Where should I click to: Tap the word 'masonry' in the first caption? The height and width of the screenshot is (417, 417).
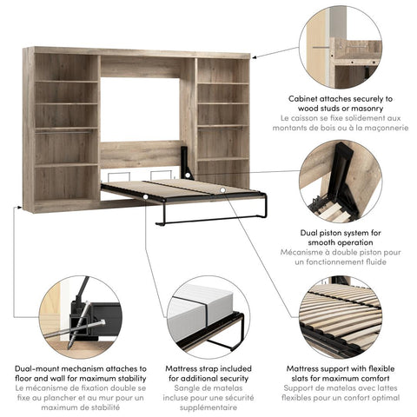click(370, 109)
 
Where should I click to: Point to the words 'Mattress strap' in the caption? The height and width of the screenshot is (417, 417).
click(188, 369)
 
